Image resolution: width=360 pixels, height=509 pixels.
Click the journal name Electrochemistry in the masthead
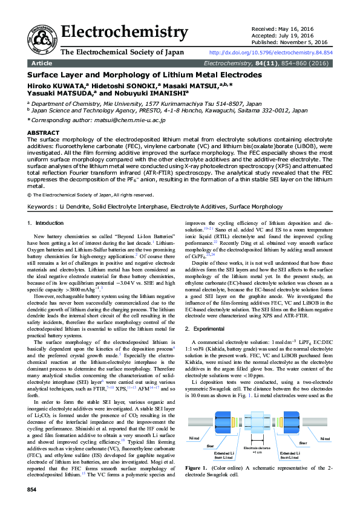coord(125,31)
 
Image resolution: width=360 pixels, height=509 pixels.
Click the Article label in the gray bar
coord(42,63)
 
